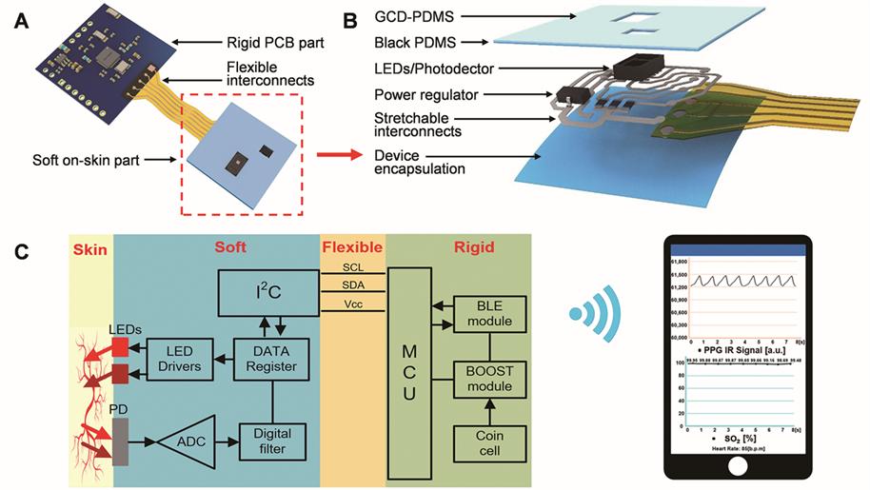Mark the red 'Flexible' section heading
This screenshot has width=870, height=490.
[x=352, y=246]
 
